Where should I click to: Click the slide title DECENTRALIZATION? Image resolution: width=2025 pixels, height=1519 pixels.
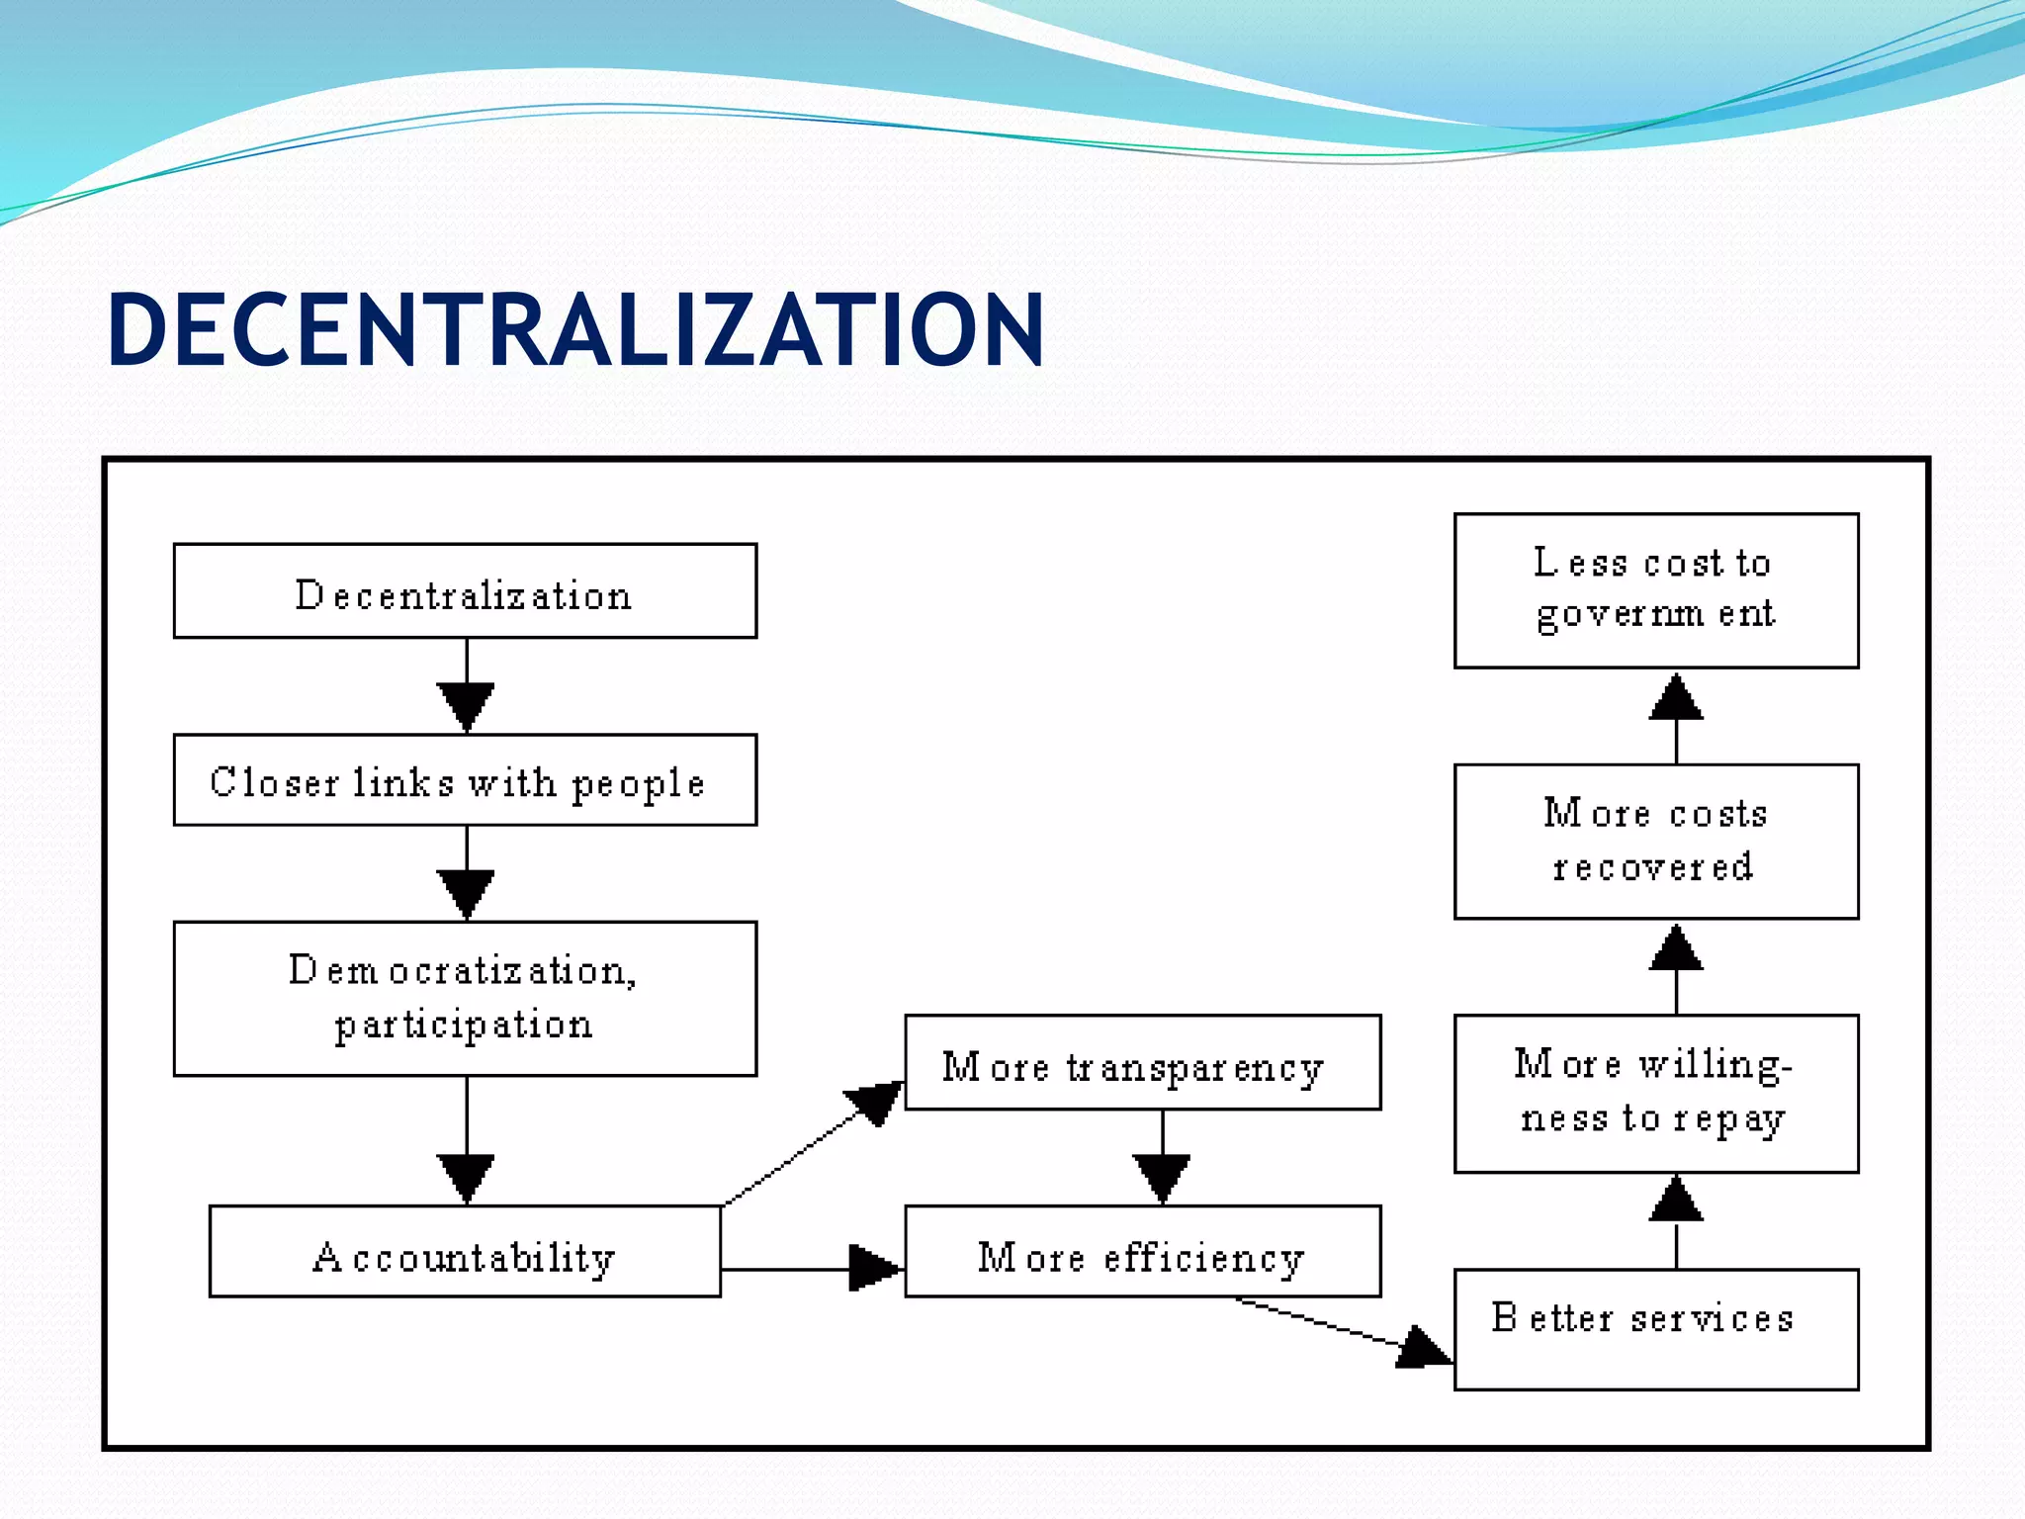coord(575,330)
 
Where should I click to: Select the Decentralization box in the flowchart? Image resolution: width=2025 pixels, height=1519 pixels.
coord(465,591)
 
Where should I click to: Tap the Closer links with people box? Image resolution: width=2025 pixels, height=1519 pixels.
coord(465,780)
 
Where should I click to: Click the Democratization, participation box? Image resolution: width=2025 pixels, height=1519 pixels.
coord(465,999)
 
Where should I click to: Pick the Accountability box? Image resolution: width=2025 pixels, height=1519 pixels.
coord(465,1251)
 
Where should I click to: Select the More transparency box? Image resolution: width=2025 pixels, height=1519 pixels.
coord(1142,1063)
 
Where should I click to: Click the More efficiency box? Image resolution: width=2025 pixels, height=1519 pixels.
coord(1142,1252)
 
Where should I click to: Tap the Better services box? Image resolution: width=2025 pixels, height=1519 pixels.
coord(1656,1330)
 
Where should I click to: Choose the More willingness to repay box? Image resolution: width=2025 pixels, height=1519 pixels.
coord(1656,1094)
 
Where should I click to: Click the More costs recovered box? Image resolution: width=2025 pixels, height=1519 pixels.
coord(1656,842)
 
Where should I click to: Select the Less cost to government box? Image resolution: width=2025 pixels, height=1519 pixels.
coord(1656,591)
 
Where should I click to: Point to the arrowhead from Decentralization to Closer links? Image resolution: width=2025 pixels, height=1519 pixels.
coord(466,706)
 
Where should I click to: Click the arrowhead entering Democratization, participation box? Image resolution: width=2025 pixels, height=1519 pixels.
coord(466,894)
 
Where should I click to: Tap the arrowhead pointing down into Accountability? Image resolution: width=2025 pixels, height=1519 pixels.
coord(466,1178)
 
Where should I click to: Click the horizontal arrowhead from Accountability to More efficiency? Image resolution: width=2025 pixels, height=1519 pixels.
coord(874,1269)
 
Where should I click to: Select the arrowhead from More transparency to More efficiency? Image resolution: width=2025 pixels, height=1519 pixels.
coord(1162,1178)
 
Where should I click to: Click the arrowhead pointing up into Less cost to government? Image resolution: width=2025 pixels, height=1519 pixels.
coord(1676,698)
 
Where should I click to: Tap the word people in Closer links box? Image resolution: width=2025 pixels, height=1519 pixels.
coord(638,784)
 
